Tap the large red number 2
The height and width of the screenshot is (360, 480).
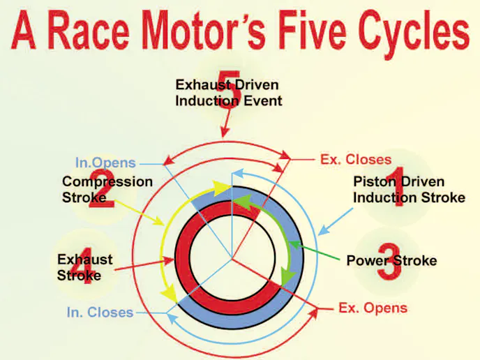97,186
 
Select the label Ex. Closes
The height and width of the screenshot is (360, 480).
356,160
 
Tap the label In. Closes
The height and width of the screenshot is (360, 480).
100,313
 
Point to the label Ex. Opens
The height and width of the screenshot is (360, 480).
373,308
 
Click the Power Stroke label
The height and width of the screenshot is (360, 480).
391,261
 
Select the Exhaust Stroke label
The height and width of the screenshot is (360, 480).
84,267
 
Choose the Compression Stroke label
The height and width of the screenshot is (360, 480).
107,189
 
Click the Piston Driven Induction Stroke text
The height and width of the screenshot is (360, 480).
409,190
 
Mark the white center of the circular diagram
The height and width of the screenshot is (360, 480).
232,259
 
